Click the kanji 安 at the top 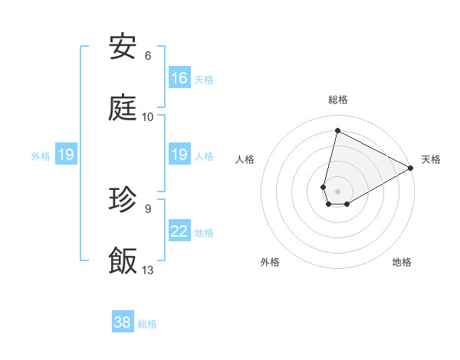(x=123, y=47)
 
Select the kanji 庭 (x=123, y=108)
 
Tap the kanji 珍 (x=123, y=200)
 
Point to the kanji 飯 (x=123, y=261)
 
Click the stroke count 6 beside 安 (x=148, y=56)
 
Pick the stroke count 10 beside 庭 (x=148, y=117)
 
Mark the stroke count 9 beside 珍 (x=148, y=208)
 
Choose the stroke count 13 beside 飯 (x=148, y=270)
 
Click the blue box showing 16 (x=179, y=78)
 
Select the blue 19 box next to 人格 (x=179, y=155)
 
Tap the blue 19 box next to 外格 (x=65, y=155)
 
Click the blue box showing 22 (x=179, y=231)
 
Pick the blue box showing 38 (x=122, y=322)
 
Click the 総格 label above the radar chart (x=338, y=100)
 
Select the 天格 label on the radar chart (x=431, y=159)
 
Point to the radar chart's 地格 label (x=402, y=262)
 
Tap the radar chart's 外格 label (x=270, y=262)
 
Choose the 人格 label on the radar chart (x=245, y=159)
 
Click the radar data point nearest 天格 (x=411, y=169)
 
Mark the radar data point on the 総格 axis (x=337, y=130)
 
